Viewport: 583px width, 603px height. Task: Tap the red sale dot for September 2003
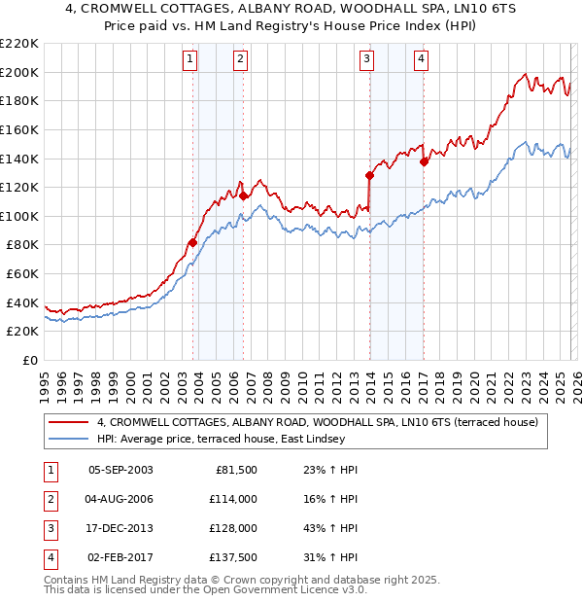click(193, 242)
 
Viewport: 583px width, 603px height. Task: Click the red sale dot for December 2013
click(369, 175)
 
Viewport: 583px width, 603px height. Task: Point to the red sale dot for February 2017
click(424, 161)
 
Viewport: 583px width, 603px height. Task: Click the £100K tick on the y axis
click(19, 216)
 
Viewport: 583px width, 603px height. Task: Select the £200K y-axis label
click(19, 72)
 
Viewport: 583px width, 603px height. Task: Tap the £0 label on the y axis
click(29, 360)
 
